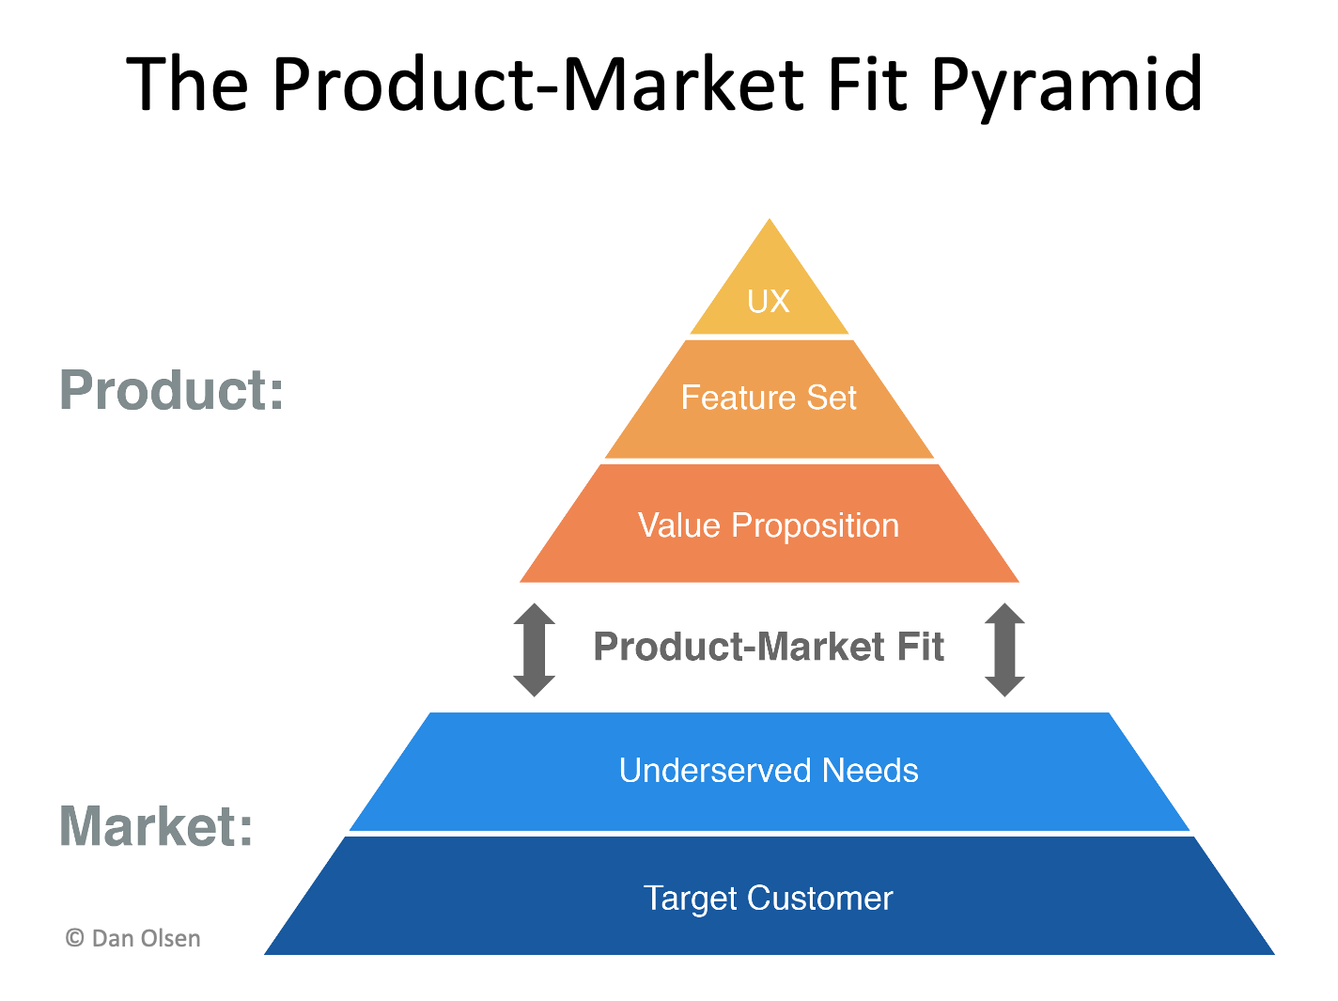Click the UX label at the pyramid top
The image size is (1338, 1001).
click(769, 302)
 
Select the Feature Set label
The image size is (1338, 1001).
click(769, 398)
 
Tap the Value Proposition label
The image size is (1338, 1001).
click(769, 525)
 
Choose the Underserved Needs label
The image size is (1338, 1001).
click(769, 771)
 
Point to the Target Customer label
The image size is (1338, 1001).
click(769, 899)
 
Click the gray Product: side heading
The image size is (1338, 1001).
click(172, 390)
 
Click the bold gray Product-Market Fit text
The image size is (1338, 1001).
click(769, 647)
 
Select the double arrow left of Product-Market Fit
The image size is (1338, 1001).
click(534, 649)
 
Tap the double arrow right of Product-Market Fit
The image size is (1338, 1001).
click(1004, 649)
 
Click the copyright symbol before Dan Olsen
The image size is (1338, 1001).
click(75, 938)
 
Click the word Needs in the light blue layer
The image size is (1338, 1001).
click(870, 771)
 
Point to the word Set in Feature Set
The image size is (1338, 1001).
click(832, 398)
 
